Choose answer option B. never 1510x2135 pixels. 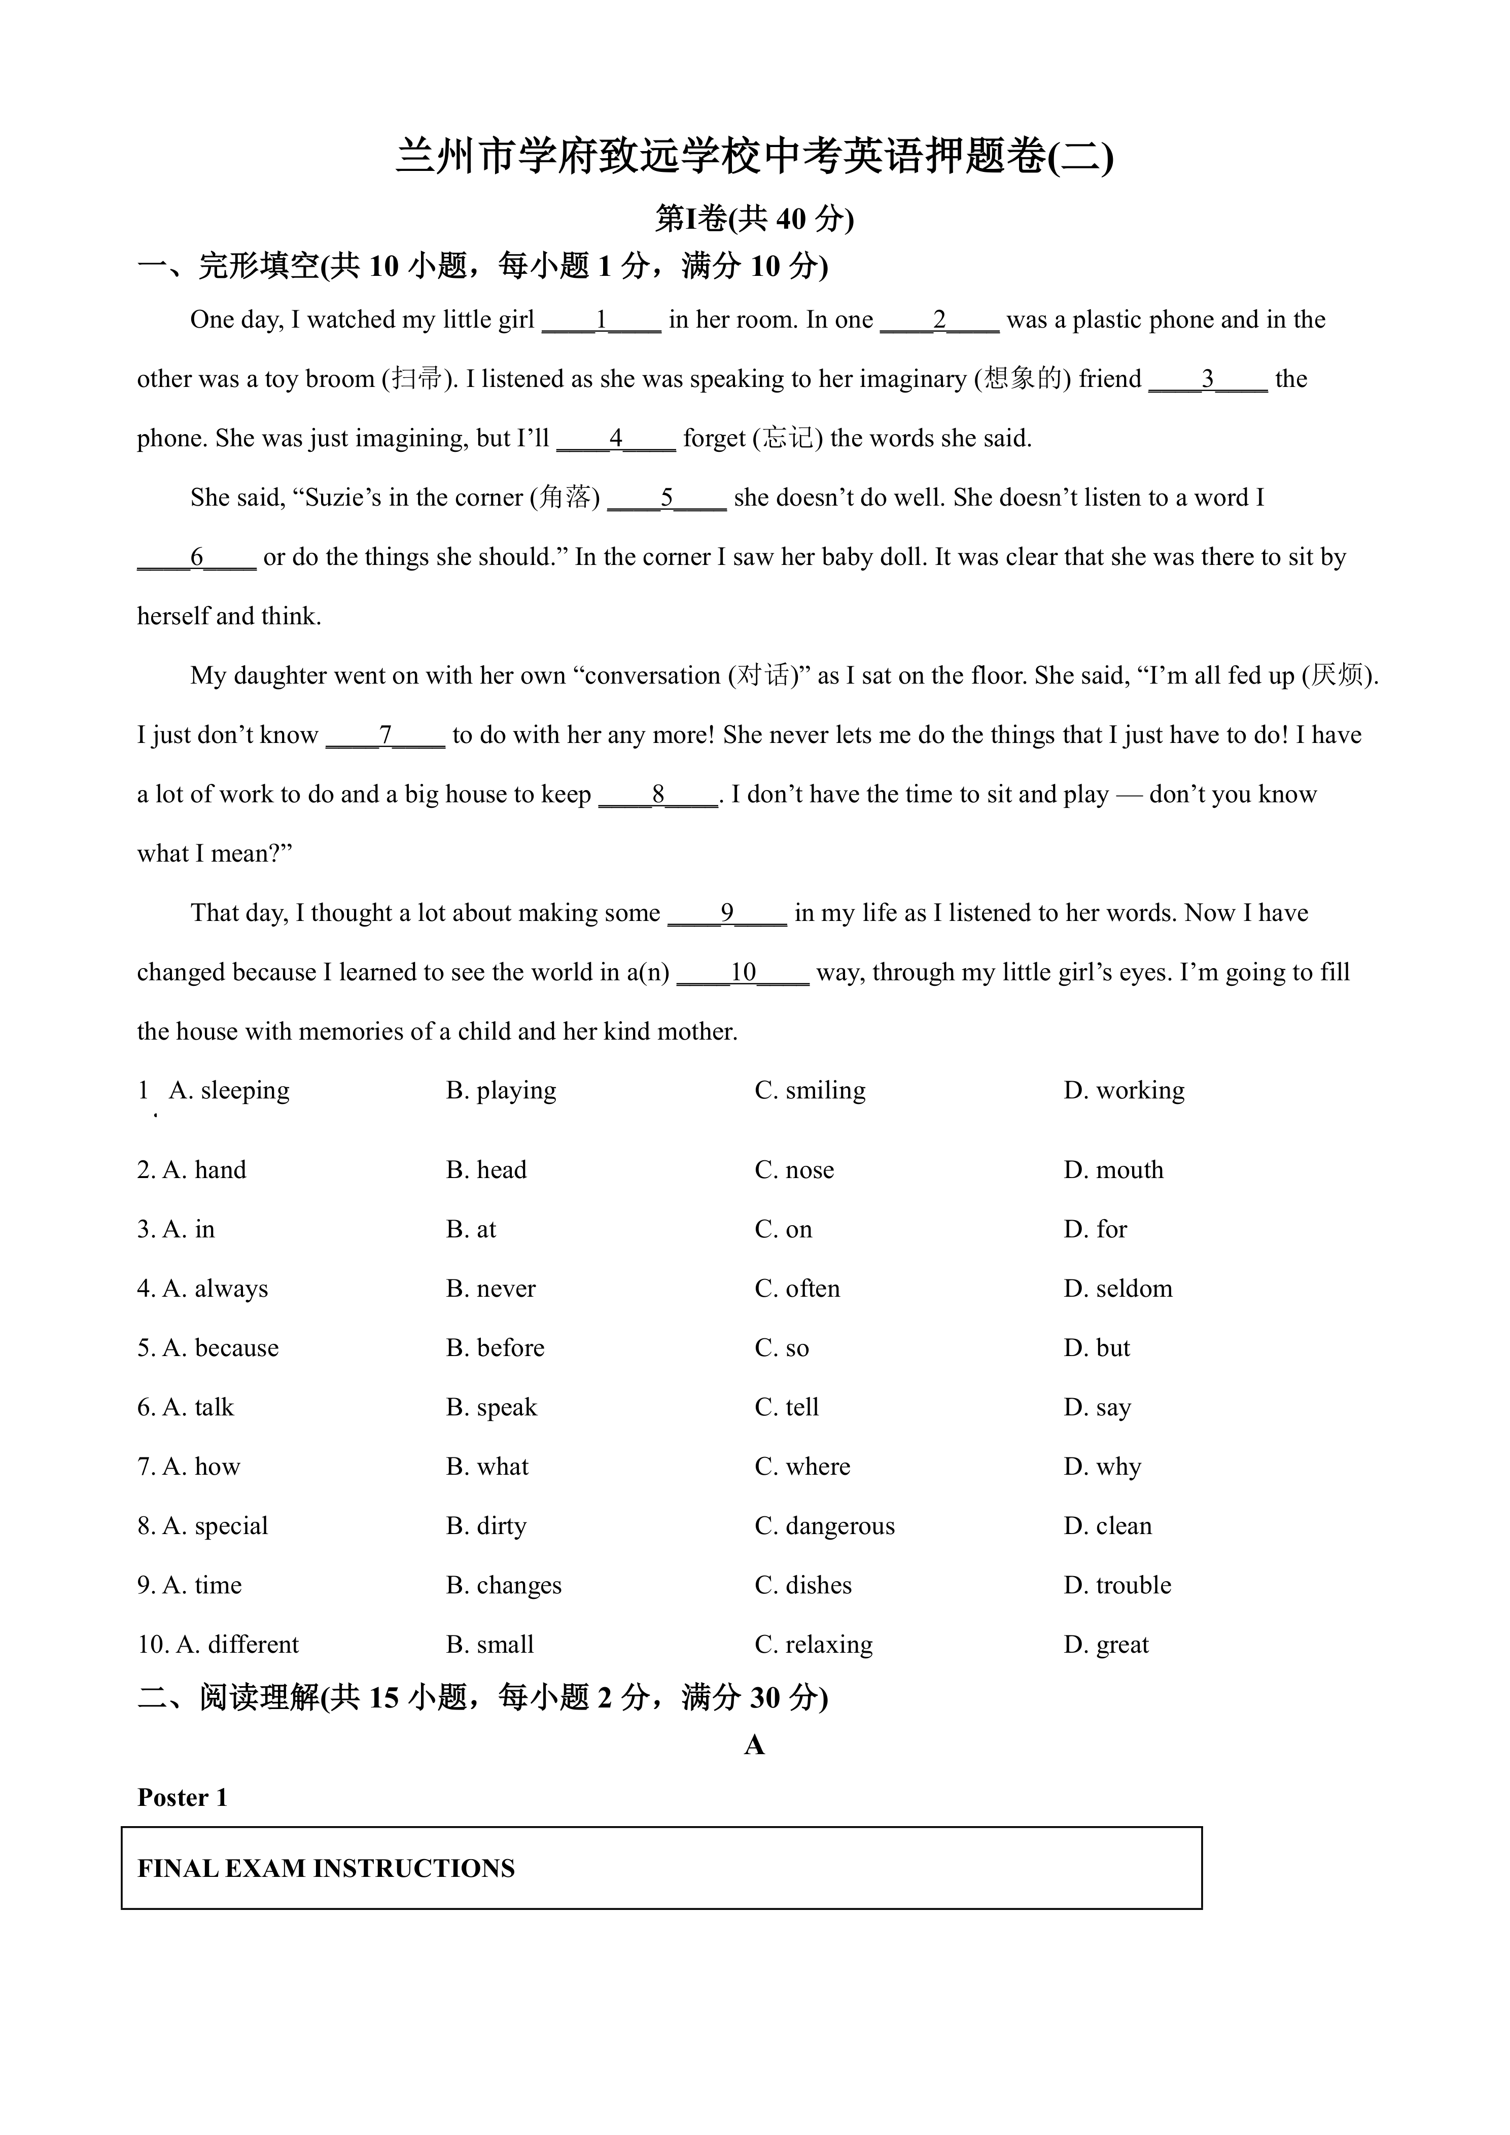[x=491, y=1289]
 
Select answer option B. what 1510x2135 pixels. [x=487, y=1467]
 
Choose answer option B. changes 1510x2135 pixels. [x=504, y=1585]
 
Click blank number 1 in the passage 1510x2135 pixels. [x=602, y=321]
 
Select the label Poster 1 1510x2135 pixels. [x=182, y=1797]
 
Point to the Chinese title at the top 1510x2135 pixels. [x=754, y=156]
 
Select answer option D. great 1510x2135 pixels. [x=1106, y=1645]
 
